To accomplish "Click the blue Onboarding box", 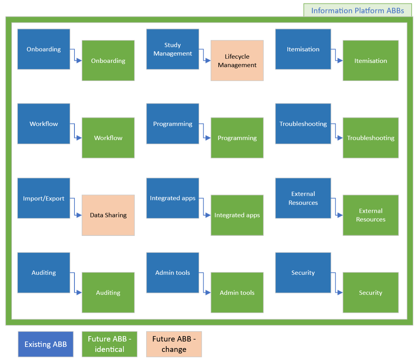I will click(44, 49).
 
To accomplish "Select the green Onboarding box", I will click(108, 61).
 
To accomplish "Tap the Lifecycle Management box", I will click(237, 61).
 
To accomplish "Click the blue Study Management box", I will click(172, 49).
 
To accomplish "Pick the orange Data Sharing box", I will click(108, 215).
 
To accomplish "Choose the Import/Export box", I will click(44, 198).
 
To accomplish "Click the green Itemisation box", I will click(370, 61).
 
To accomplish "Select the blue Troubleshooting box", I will click(303, 124).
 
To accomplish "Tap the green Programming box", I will click(237, 138).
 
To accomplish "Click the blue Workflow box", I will click(44, 124).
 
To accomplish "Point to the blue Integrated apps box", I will click(172, 198).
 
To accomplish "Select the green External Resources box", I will click(370, 215).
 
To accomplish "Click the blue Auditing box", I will click(44, 273).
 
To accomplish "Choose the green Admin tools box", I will click(237, 293).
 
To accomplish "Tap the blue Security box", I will click(303, 273).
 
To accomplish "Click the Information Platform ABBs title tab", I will click(358, 10).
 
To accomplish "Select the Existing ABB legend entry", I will click(46, 344).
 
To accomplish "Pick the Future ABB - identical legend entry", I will click(110, 344).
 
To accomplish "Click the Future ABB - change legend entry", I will click(174, 344).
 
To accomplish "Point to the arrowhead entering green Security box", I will click(340, 293).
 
